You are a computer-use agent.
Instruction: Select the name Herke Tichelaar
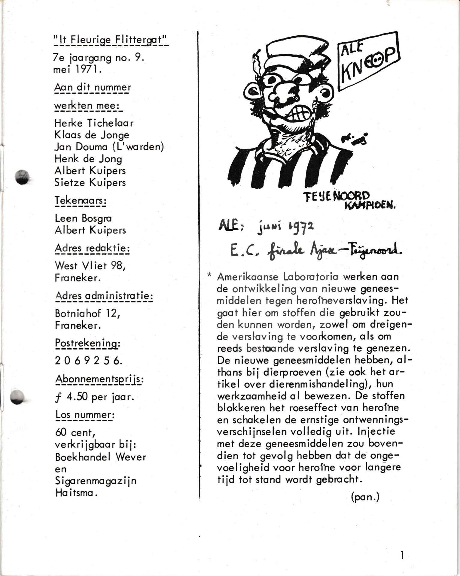point(94,123)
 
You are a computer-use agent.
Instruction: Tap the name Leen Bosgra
point(83,218)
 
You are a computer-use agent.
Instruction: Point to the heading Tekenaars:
point(80,201)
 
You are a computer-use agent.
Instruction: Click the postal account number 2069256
point(88,361)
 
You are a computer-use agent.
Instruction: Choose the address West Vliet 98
point(90,265)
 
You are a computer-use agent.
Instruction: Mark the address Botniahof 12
point(87,313)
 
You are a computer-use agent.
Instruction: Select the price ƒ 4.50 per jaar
point(95,397)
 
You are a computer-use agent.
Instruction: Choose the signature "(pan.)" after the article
point(365,497)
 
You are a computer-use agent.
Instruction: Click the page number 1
point(402,556)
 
